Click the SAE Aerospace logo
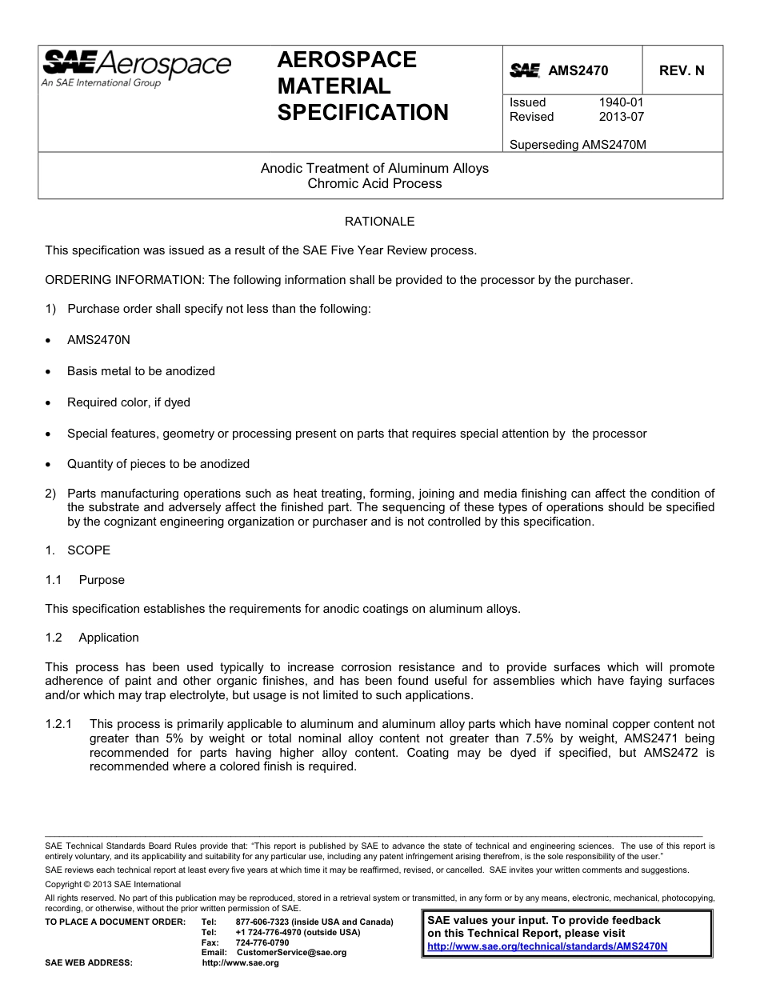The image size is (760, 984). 136,66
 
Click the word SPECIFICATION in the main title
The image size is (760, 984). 362,113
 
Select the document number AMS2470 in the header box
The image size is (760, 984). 578,70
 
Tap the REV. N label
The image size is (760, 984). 682,70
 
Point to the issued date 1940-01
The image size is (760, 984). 621,102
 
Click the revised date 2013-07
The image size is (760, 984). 621,117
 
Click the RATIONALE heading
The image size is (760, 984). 379,221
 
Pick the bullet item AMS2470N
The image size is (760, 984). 98,340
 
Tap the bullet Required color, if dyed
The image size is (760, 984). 128,402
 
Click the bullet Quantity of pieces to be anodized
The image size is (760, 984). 158,464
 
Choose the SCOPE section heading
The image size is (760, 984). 89,550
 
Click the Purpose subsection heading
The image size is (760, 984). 102,580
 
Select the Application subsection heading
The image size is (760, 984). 109,638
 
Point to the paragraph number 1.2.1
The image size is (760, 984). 59,724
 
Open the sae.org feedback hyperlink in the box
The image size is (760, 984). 547,946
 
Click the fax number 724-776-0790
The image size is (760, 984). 262,942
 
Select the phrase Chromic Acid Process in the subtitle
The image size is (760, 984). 374,183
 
